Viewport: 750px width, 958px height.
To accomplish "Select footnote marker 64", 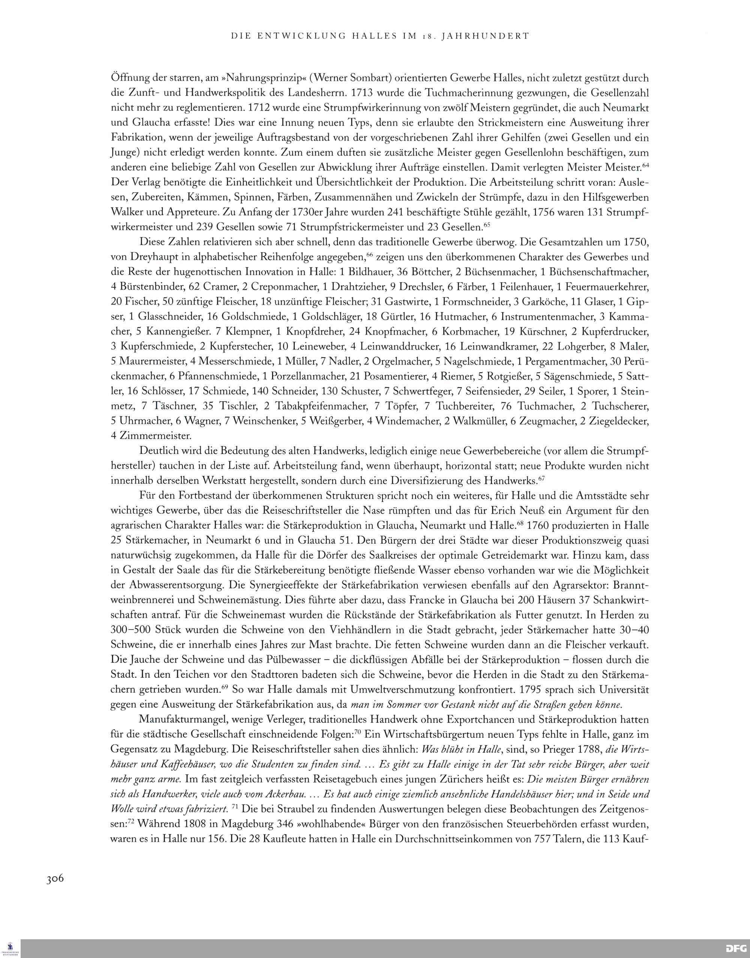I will point(645,165).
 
